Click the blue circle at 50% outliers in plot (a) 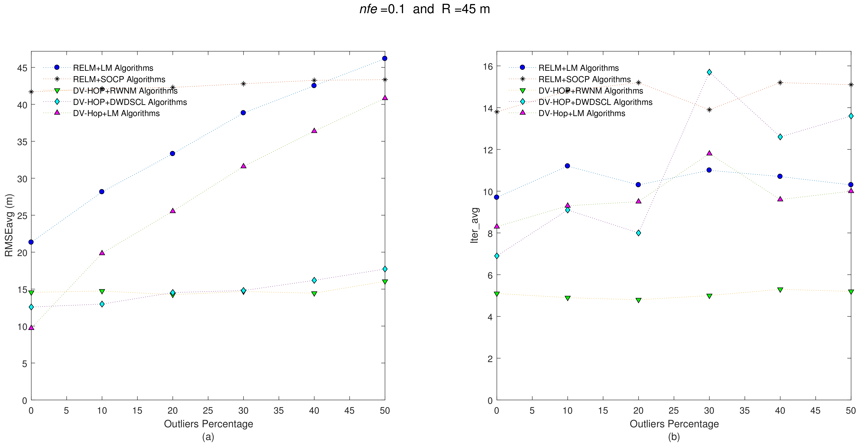385,58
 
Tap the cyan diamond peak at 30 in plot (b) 709,72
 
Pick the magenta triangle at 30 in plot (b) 709,153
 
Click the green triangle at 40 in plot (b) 780,290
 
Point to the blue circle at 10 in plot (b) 568,166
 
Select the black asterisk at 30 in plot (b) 709,110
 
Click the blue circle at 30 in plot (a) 243,113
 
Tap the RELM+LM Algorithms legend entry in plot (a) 113,68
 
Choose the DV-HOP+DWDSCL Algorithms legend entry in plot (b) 595,102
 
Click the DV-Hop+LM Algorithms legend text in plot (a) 116,113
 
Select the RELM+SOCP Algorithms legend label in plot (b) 584,79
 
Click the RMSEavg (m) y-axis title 9,225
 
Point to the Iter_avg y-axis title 475,225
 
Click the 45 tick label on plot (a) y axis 22,68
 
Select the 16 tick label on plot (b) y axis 488,66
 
